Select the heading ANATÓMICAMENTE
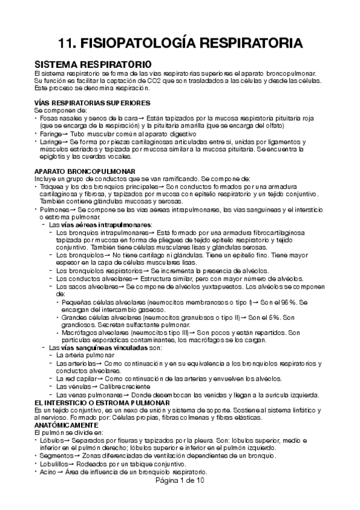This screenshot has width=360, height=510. tap(69, 425)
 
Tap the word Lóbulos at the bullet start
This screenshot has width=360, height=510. tap(50, 440)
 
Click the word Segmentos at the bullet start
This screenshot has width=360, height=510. tap(54, 456)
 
